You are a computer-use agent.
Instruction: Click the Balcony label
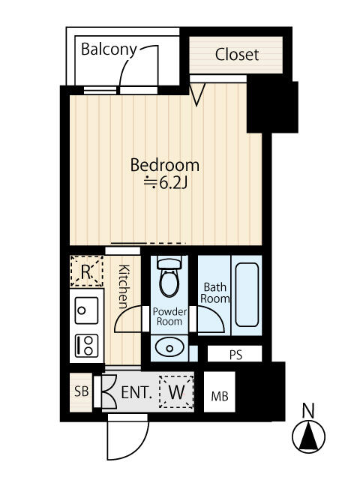(x=109, y=49)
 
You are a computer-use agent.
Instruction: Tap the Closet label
(x=237, y=55)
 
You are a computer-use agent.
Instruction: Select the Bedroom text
(x=165, y=165)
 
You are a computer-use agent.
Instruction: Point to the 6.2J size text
(x=166, y=183)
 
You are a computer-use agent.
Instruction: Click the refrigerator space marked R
(x=86, y=271)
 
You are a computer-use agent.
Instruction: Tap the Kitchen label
(x=124, y=286)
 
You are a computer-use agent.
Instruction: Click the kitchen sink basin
(x=86, y=310)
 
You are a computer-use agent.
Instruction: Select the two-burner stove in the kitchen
(x=87, y=345)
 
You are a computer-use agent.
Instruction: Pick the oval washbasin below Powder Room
(x=169, y=348)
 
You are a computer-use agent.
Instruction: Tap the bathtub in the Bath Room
(x=247, y=295)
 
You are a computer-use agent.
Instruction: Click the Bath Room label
(x=215, y=293)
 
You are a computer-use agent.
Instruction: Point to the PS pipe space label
(x=235, y=355)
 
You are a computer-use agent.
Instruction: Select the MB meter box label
(x=220, y=397)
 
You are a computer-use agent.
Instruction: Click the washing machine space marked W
(x=176, y=391)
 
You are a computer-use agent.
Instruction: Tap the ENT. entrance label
(x=136, y=392)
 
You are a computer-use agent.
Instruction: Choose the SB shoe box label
(x=82, y=391)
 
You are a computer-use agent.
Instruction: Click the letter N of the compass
(x=308, y=411)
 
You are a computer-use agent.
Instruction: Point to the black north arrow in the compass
(x=308, y=436)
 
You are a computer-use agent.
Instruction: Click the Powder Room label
(x=169, y=316)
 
